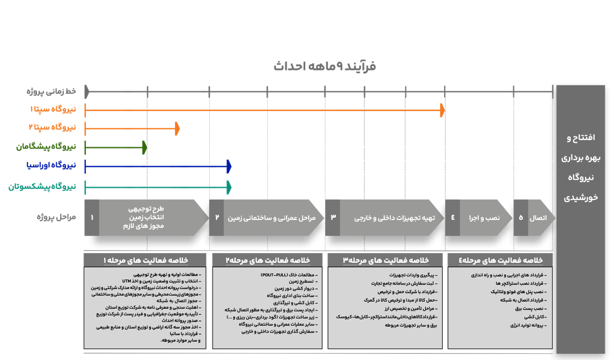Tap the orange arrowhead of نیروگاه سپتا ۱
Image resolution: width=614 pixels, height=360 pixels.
pos(442,111)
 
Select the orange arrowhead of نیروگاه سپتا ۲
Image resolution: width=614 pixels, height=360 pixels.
pos(177,129)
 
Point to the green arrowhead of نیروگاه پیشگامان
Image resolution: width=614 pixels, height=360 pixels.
pos(144,147)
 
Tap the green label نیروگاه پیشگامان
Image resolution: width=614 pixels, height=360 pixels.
pos(45,147)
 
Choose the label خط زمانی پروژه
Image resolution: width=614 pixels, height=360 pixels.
pos(51,91)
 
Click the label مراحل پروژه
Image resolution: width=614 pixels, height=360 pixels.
pos(56,217)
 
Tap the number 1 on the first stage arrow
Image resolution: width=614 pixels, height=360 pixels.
pos(92,217)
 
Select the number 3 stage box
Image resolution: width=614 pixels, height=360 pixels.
pos(333,217)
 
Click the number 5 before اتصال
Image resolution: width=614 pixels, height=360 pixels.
pos(520,217)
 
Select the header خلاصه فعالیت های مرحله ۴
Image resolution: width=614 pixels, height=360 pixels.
pos(500,260)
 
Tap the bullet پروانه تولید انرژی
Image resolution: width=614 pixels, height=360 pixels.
pos(524,325)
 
